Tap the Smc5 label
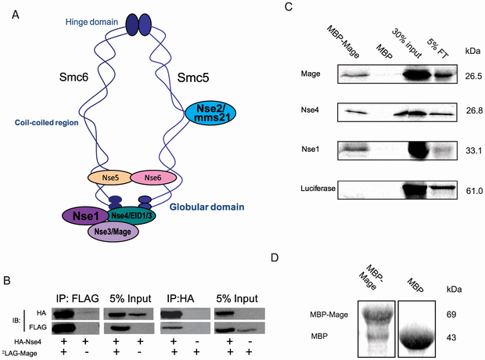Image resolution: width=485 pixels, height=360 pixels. point(192,78)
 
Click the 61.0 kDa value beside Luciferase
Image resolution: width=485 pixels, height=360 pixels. point(473,190)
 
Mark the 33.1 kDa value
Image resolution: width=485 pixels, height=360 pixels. point(473,149)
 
